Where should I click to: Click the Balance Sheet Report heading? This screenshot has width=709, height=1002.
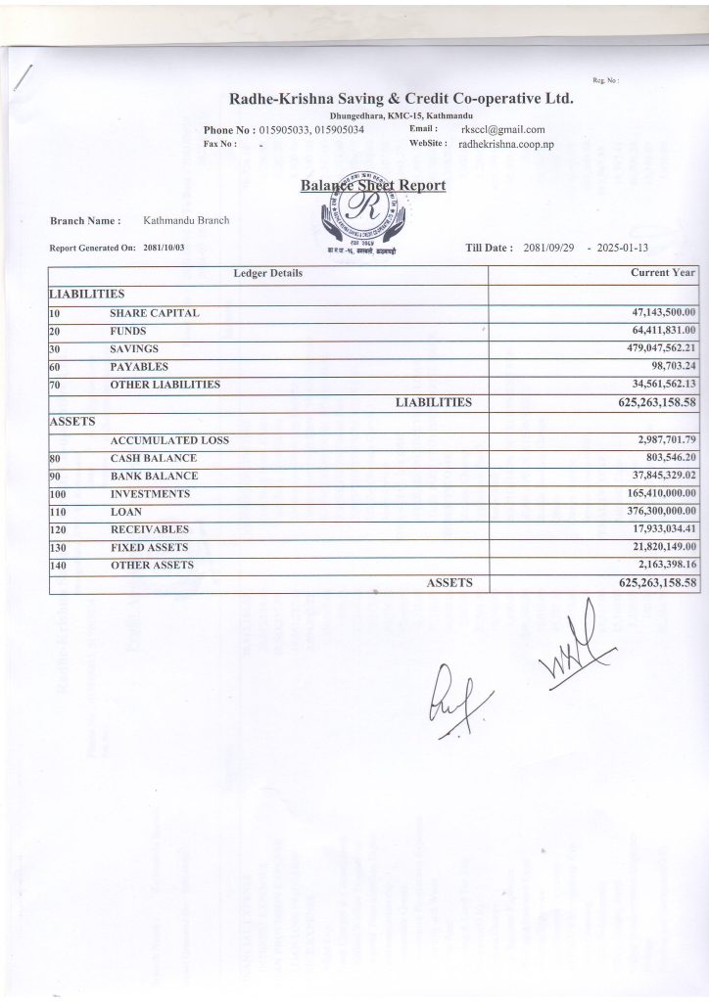(x=373, y=185)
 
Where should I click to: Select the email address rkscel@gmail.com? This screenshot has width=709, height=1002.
(x=502, y=129)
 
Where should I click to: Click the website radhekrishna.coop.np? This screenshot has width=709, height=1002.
(x=506, y=144)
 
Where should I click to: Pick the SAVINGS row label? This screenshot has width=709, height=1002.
(x=134, y=348)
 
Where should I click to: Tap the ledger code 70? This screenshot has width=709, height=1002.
(x=55, y=385)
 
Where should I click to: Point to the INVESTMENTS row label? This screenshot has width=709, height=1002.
(x=150, y=494)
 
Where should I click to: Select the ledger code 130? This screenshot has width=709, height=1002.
(x=59, y=547)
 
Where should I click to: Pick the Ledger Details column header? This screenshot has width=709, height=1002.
(x=267, y=273)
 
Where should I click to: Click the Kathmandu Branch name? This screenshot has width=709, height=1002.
(x=186, y=220)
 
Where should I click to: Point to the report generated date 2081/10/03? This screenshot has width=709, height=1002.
(x=164, y=248)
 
